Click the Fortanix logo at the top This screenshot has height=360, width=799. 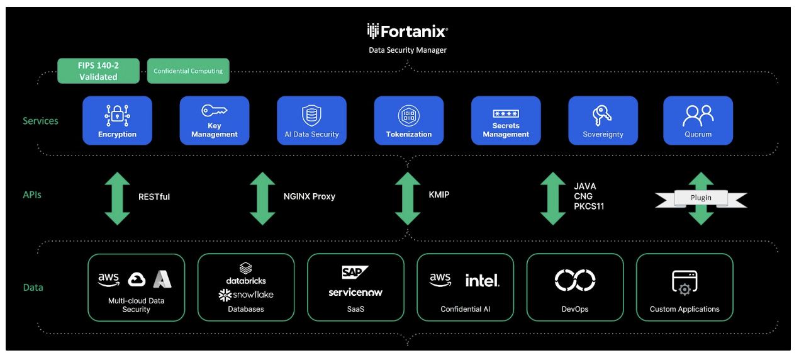[408, 31]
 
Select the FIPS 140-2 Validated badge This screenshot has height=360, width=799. [98, 71]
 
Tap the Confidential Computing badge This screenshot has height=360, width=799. [188, 71]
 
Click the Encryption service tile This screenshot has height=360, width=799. [117, 120]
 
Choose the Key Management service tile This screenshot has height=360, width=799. [215, 120]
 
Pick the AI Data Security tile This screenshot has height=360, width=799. [311, 120]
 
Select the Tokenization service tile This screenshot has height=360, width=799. [409, 120]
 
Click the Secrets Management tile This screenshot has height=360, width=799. [506, 120]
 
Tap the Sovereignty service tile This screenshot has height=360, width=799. [603, 120]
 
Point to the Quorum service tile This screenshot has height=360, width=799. [698, 120]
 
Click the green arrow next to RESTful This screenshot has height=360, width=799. [117, 197]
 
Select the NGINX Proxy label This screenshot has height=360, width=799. [309, 196]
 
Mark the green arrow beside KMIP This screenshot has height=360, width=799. [408, 197]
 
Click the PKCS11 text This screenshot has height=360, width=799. [589, 206]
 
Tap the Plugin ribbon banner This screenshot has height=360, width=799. [701, 198]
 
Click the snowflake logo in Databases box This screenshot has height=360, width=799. [246, 295]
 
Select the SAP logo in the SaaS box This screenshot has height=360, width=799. [354, 273]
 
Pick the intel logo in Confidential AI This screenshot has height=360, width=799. [482, 280]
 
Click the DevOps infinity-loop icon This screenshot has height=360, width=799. [575, 280]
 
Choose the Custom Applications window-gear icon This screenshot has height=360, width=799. [684, 283]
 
